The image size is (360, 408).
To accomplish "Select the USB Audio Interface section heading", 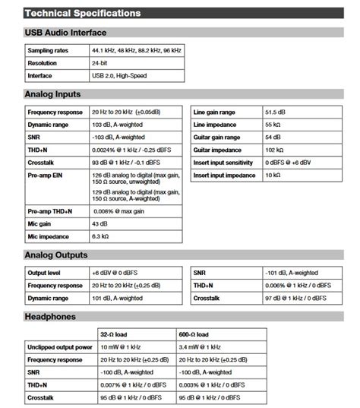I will tap(65, 33).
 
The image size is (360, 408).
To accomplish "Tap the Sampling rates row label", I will tap(47, 50).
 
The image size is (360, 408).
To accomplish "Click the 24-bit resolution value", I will tap(100, 63).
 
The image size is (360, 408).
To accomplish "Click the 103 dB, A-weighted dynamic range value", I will tap(122, 123).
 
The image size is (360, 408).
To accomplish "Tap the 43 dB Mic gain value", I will tap(99, 224).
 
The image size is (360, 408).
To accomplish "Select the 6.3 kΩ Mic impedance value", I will tap(102, 237).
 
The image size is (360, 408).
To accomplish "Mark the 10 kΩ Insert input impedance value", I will tap(273, 176).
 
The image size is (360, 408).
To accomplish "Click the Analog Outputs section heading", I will tap(56, 255).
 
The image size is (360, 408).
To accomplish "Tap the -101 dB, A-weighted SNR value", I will tap(291, 272).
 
